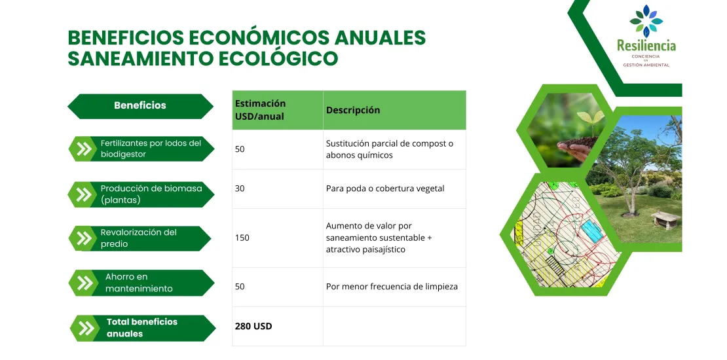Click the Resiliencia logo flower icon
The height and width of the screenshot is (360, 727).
click(646, 21)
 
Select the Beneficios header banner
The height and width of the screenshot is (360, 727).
click(140, 105)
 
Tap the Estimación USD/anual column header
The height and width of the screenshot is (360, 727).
click(261, 110)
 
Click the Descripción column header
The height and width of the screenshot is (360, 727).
click(353, 110)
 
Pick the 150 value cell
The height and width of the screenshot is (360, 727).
click(242, 238)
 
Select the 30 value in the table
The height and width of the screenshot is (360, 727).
click(240, 189)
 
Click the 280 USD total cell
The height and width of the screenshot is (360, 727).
click(253, 326)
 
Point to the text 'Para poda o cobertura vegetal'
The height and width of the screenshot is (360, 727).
click(385, 189)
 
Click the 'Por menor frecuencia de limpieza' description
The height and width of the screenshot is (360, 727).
click(392, 287)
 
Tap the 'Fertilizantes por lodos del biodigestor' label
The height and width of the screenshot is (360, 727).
click(151, 149)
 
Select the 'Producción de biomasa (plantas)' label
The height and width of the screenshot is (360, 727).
click(151, 194)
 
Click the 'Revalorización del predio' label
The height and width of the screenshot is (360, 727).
click(139, 238)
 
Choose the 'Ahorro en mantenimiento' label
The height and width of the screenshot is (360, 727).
click(139, 283)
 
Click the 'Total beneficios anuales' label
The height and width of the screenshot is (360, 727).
click(142, 327)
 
